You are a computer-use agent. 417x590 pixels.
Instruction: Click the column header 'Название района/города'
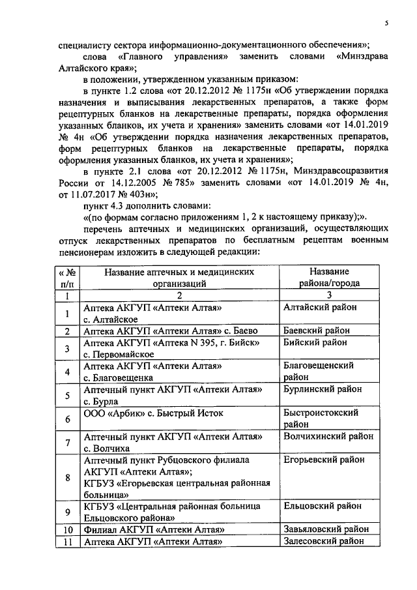(328, 277)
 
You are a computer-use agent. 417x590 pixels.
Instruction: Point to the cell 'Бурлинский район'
(323, 389)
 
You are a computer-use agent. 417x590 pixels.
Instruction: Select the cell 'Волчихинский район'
(328, 436)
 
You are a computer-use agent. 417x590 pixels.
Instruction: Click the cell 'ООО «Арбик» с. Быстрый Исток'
(153, 413)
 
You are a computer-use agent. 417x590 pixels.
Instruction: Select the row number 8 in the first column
(67, 477)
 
